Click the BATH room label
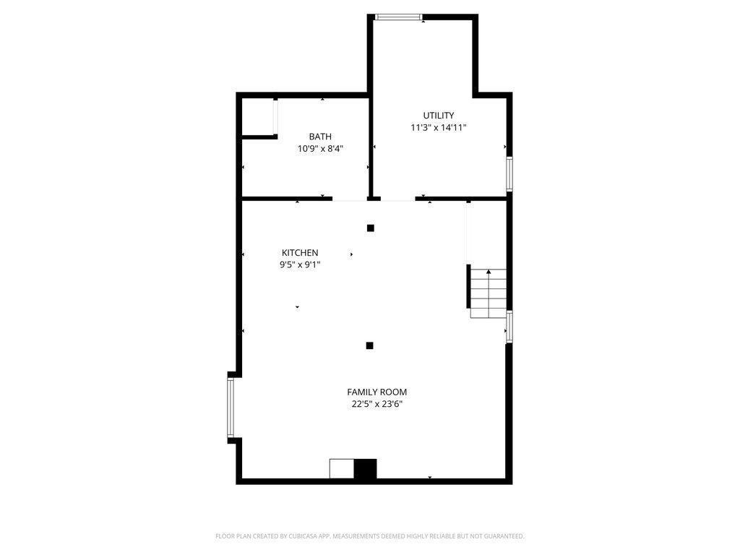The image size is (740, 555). (x=320, y=137)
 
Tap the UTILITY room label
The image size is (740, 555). (x=439, y=116)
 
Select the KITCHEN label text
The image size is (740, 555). (x=300, y=253)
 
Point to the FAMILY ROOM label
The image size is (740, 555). (x=377, y=392)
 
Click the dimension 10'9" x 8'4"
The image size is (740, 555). (x=320, y=149)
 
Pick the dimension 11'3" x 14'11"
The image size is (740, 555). (x=439, y=128)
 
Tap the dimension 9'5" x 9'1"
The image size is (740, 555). (x=300, y=264)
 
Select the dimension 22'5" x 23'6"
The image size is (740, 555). (x=377, y=405)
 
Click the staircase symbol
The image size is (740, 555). (x=488, y=293)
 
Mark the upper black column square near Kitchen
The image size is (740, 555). (x=371, y=228)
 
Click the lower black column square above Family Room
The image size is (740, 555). (x=369, y=345)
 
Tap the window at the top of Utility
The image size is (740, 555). (x=399, y=17)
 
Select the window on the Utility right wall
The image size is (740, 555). (x=509, y=174)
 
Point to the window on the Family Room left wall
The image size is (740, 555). (x=231, y=408)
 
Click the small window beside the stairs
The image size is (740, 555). (x=509, y=327)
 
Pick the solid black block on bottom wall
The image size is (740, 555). (x=366, y=468)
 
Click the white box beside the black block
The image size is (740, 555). (x=342, y=468)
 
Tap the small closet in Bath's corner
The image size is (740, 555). (x=258, y=117)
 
